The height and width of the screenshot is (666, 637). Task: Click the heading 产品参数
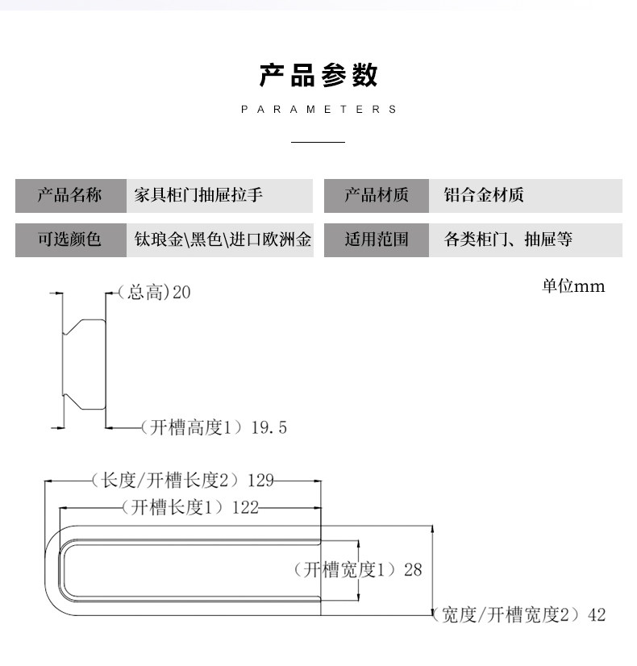coord(318,75)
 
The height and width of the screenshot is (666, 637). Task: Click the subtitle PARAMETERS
coord(318,109)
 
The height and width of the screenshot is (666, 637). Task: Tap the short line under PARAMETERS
coord(318,143)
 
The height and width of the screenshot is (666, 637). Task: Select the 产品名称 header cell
coord(70,196)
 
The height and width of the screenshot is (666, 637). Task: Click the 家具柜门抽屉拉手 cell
coord(219,196)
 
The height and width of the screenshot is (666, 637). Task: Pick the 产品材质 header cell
coord(377,196)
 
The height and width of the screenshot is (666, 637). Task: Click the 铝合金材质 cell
coord(525,196)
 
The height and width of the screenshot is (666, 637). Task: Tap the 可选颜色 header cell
coord(70,239)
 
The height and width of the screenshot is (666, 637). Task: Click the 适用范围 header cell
coord(377,239)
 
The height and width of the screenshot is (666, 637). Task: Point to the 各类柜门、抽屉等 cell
coord(525,239)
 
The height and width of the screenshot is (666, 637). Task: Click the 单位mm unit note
coord(573,286)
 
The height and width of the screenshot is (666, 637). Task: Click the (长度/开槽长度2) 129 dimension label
coord(182,481)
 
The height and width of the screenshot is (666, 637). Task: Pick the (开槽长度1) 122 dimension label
coord(189,507)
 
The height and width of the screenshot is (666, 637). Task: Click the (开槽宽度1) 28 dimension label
coord(357,570)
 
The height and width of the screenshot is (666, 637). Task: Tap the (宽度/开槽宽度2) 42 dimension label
coord(519,615)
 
